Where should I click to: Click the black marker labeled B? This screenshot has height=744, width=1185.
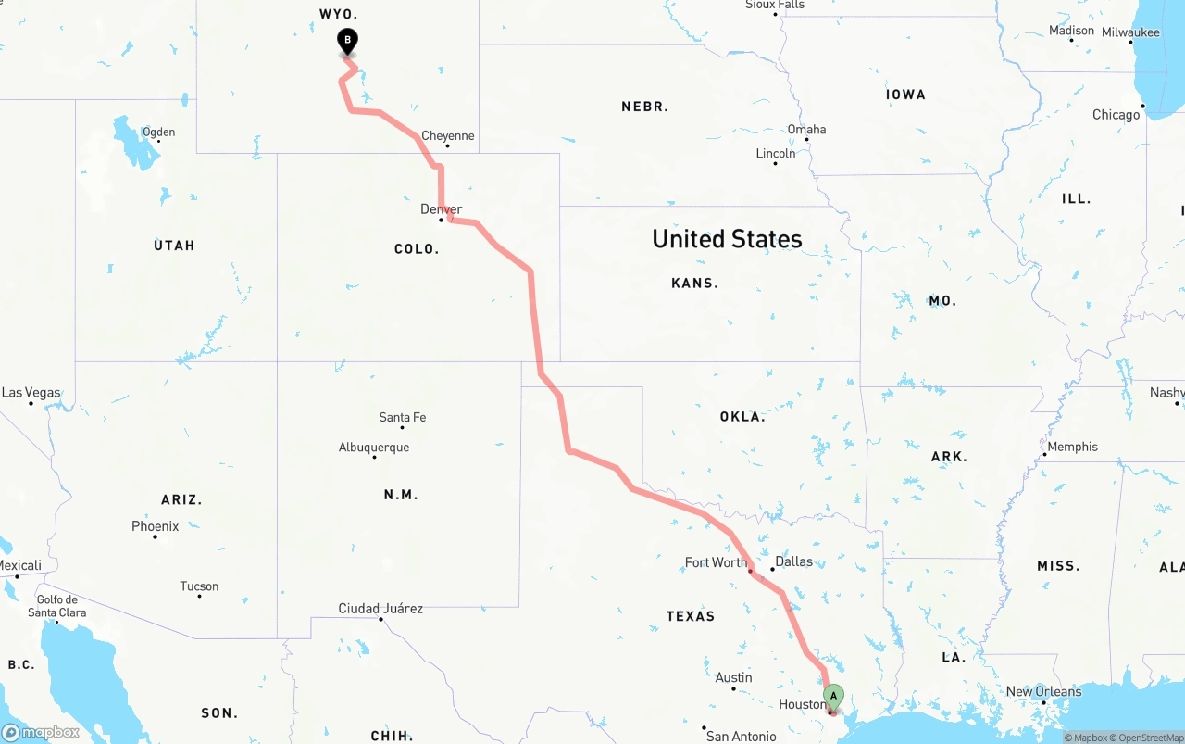click(347, 41)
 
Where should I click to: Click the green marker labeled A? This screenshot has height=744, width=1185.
click(833, 696)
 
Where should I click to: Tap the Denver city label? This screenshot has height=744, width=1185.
click(441, 209)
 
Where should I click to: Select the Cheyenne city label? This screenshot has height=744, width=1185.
click(448, 136)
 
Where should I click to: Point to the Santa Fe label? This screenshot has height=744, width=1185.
click(403, 418)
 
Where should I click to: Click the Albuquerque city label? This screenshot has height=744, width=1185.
click(374, 448)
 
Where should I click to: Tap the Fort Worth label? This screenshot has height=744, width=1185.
click(716, 562)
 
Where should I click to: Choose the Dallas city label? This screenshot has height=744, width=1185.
click(793, 561)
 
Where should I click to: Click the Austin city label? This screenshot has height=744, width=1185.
click(734, 677)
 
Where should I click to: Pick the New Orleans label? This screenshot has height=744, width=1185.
click(1043, 691)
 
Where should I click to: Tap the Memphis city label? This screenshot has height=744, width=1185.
click(1072, 447)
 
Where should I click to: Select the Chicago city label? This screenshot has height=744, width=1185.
click(1116, 115)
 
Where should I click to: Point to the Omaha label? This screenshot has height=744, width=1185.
click(806, 130)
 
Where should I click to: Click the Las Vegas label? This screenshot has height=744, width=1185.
click(31, 393)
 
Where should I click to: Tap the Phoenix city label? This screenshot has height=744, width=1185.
click(155, 526)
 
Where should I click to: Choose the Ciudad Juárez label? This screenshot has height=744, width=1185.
click(380, 609)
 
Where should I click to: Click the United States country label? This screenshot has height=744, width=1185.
click(727, 239)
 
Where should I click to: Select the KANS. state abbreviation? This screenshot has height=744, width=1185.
click(694, 284)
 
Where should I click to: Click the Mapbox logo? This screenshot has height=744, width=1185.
click(41, 732)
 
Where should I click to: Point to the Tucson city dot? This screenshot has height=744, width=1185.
click(199, 596)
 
